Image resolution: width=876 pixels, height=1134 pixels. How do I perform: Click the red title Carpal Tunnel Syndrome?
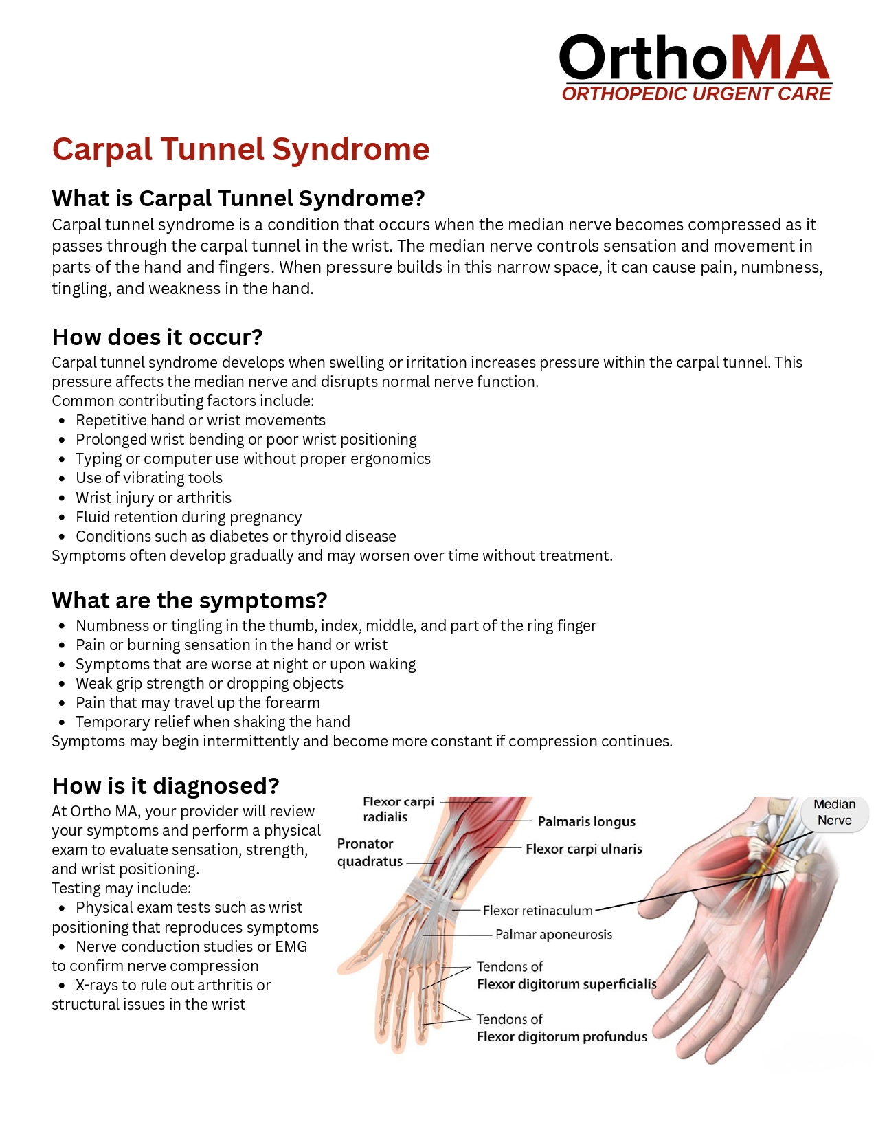(x=240, y=150)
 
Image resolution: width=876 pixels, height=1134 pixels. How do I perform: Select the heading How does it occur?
(x=157, y=337)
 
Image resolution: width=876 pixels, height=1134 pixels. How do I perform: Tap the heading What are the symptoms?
(x=190, y=601)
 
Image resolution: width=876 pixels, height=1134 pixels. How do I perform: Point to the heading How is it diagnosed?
(x=166, y=786)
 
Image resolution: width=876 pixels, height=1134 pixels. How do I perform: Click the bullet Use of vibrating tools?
(x=149, y=478)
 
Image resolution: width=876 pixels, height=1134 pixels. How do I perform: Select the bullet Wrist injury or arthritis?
(x=153, y=498)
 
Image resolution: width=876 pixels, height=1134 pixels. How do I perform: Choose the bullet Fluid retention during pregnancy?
(x=188, y=517)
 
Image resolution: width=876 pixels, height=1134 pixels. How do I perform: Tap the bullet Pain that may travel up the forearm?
(x=198, y=702)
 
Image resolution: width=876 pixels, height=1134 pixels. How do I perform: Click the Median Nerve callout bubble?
(x=834, y=812)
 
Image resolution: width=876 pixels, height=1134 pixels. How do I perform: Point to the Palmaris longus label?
(x=586, y=821)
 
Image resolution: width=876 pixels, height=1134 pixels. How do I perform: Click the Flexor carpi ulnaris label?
(x=583, y=849)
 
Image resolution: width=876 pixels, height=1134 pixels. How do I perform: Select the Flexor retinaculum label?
(x=537, y=911)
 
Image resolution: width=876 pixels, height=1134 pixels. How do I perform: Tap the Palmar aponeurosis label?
(x=553, y=935)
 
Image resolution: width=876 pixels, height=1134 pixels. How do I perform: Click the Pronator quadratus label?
(x=370, y=852)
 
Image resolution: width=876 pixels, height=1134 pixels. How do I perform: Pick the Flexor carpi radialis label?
(x=398, y=810)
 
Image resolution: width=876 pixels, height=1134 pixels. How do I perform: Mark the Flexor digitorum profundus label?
(x=561, y=1036)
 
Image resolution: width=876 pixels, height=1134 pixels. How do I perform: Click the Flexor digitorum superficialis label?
(x=566, y=984)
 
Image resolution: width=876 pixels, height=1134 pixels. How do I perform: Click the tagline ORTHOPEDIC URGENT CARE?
(x=696, y=94)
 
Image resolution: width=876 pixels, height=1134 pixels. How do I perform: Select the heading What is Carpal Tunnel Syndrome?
(x=238, y=199)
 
